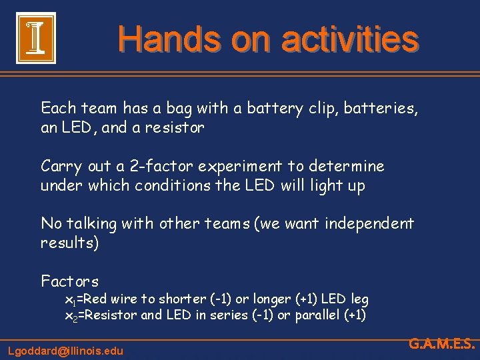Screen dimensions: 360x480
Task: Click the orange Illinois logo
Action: (x=35, y=39)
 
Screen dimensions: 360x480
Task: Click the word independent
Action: (x=369, y=223)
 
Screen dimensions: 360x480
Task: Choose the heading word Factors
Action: (x=69, y=281)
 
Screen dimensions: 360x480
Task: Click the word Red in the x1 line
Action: (x=98, y=300)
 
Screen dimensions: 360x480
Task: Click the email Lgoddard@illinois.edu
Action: (x=65, y=350)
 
